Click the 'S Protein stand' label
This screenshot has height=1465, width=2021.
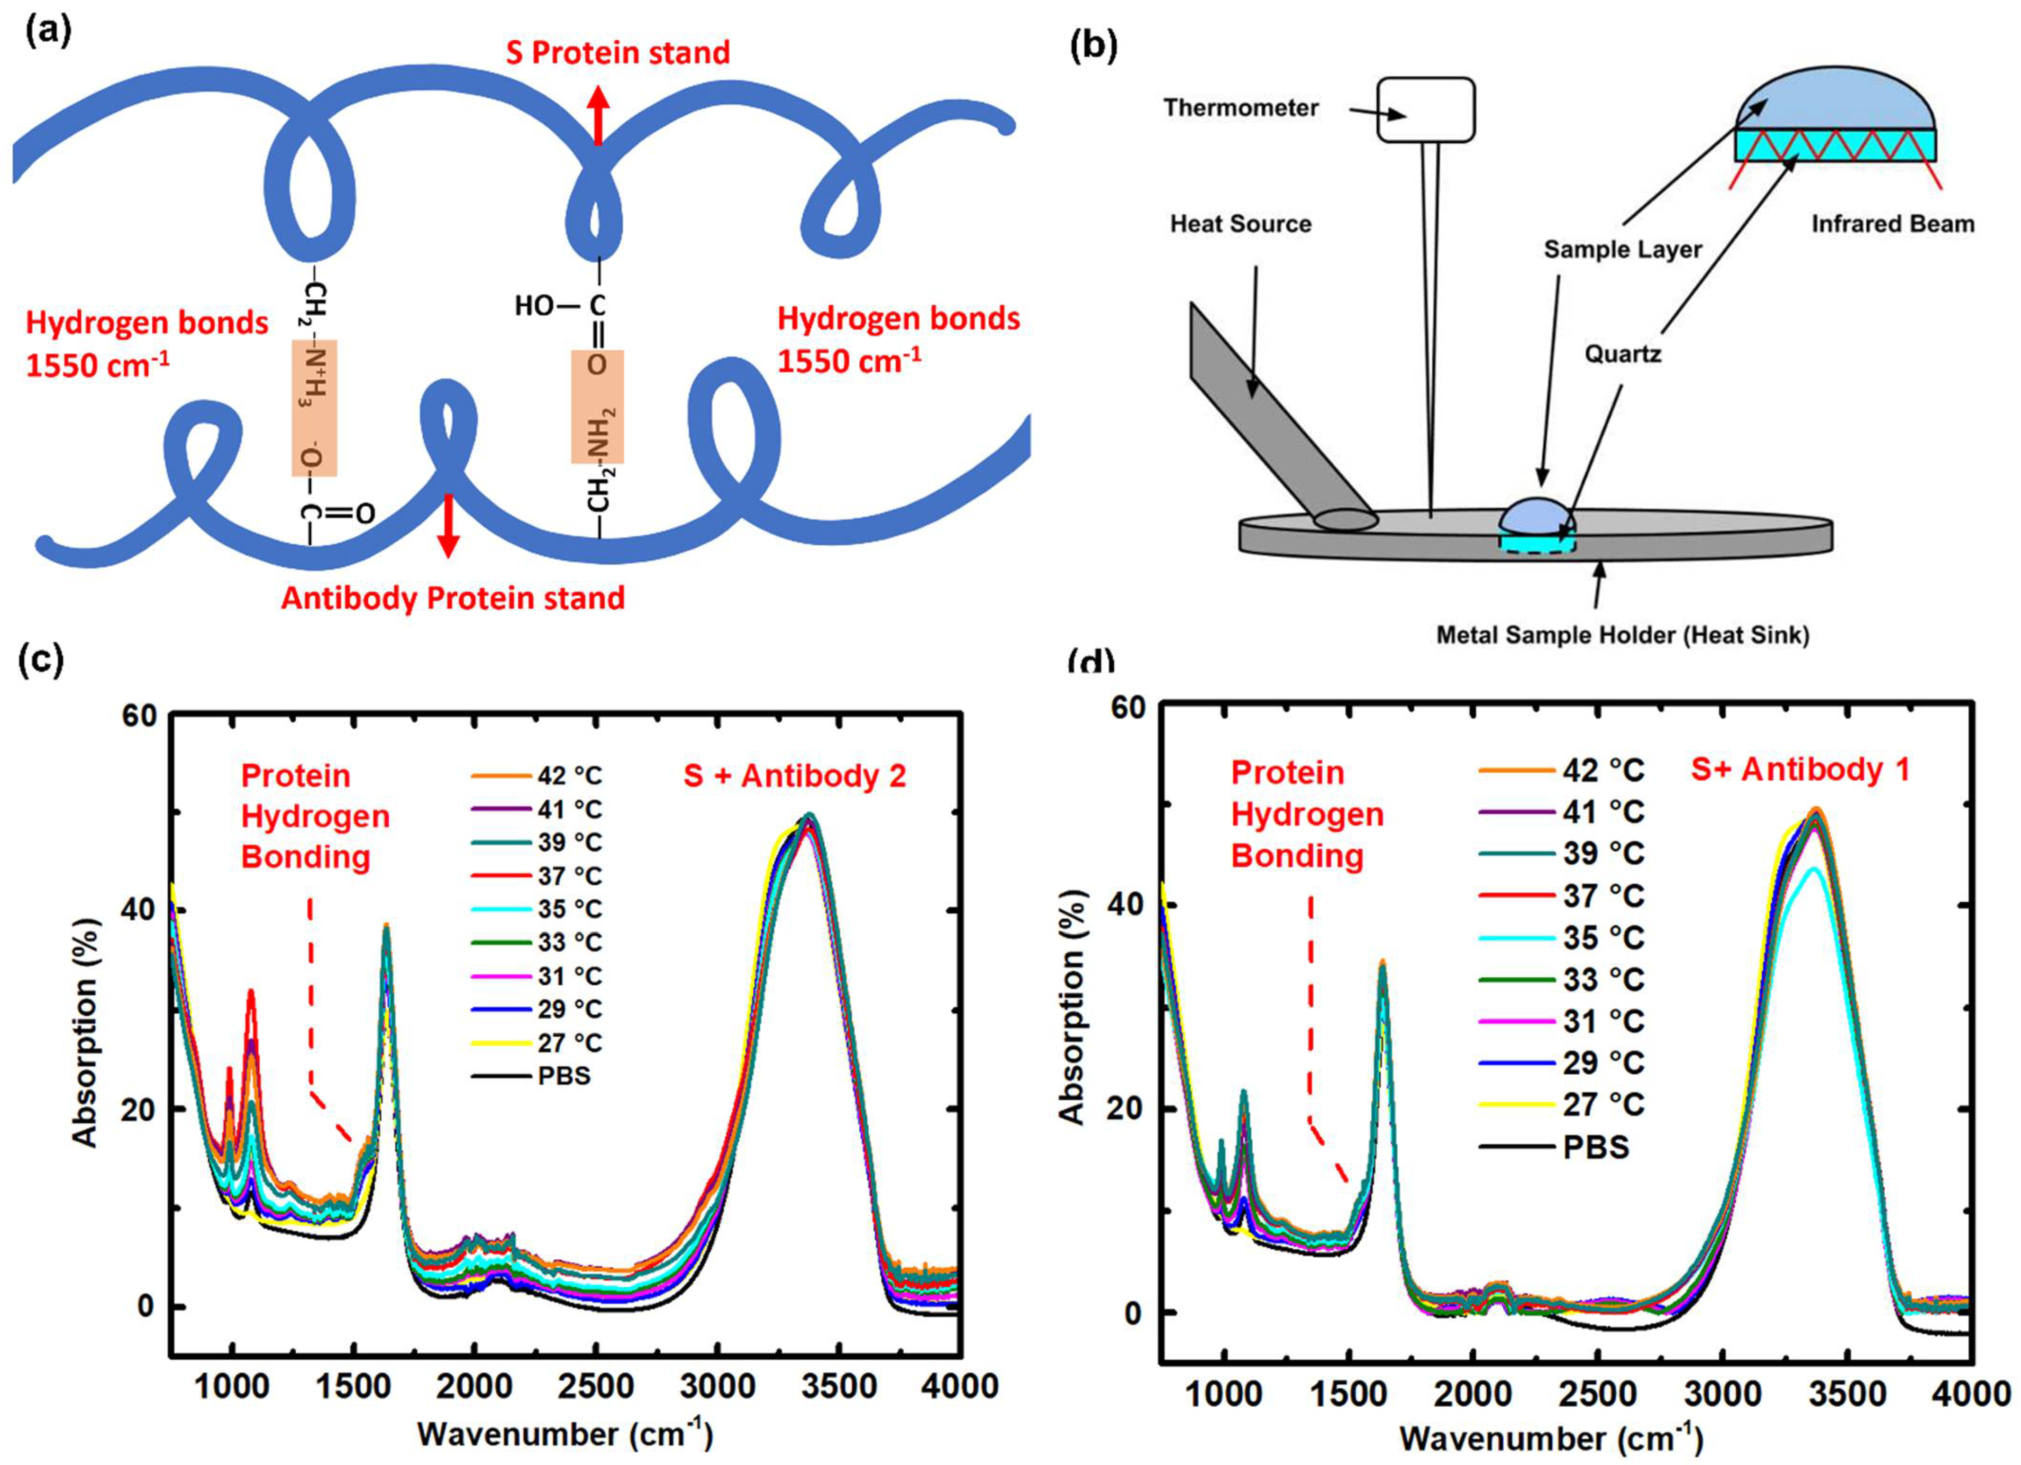(x=618, y=53)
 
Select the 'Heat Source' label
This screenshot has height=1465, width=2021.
(x=1240, y=224)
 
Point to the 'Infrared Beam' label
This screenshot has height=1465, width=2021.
(x=1893, y=224)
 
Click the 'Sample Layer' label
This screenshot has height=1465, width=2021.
(x=1623, y=249)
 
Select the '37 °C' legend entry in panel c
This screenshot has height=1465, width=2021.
(x=569, y=876)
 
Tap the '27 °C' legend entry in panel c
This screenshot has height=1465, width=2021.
(x=569, y=1043)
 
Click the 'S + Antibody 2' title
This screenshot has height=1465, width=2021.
(x=795, y=776)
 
